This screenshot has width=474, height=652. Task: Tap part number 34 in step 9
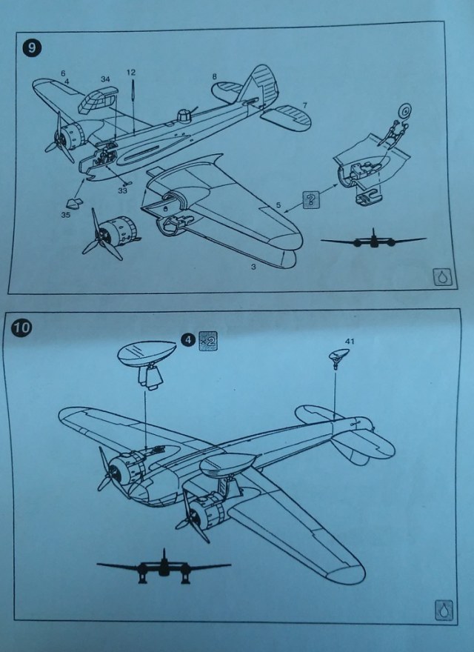[x=105, y=78]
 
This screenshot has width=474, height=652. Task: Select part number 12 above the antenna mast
[x=131, y=73]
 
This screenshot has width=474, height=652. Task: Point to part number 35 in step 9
[x=65, y=216]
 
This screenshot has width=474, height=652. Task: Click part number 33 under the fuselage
[x=122, y=190]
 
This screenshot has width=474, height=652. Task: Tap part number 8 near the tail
[x=213, y=76]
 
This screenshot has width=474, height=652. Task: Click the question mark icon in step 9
[x=310, y=198]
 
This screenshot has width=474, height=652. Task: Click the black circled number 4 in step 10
[x=188, y=342]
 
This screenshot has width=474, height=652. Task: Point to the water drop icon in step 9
[x=442, y=276]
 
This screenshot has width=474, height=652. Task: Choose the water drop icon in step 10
[x=442, y=611]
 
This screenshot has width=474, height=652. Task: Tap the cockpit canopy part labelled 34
[x=101, y=100]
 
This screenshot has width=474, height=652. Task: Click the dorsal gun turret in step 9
[x=185, y=116]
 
